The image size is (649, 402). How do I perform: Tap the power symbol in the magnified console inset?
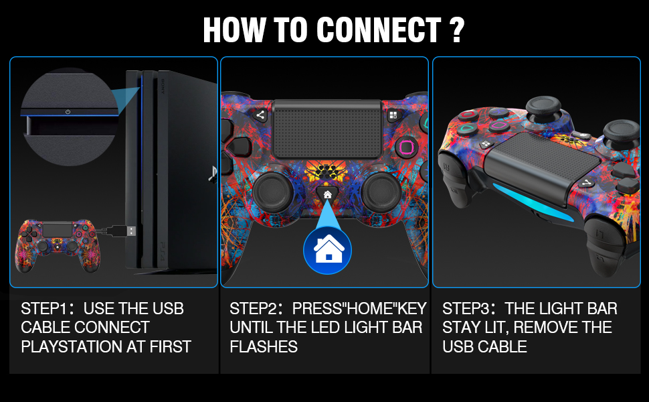[x=68, y=112]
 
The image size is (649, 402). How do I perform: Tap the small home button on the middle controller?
[x=327, y=194]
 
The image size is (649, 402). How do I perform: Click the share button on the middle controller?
[x=261, y=115]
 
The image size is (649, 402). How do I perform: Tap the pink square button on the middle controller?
[x=405, y=147]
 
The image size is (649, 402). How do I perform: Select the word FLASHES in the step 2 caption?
[x=264, y=346]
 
